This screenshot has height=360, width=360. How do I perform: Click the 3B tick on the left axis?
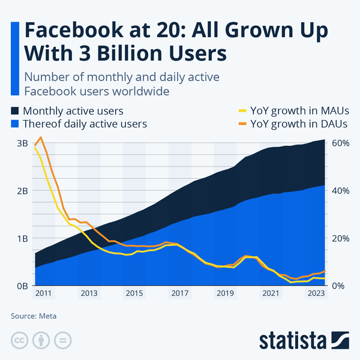click(x=22, y=143)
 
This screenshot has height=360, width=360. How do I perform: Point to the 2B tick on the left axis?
click(x=22, y=191)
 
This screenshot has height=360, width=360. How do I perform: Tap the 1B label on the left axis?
click(x=22, y=238)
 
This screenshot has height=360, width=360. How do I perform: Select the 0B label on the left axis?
click(x=22, y=286)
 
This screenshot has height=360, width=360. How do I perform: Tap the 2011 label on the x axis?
click(x=44, y=293)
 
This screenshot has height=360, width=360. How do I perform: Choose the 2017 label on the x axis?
click(x=180, y=293)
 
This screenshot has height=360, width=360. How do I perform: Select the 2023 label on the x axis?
click(x=316, y=293)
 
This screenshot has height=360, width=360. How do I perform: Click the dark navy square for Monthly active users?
click(x=15, y=111)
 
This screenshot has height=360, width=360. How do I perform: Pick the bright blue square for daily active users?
click(x=15, y=124)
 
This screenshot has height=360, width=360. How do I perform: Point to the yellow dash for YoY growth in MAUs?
click(x=242, y=111)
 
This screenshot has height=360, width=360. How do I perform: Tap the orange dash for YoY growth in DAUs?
click(x=242, y=124)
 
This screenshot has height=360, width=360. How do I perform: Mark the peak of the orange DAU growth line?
click(x=41, y=137)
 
